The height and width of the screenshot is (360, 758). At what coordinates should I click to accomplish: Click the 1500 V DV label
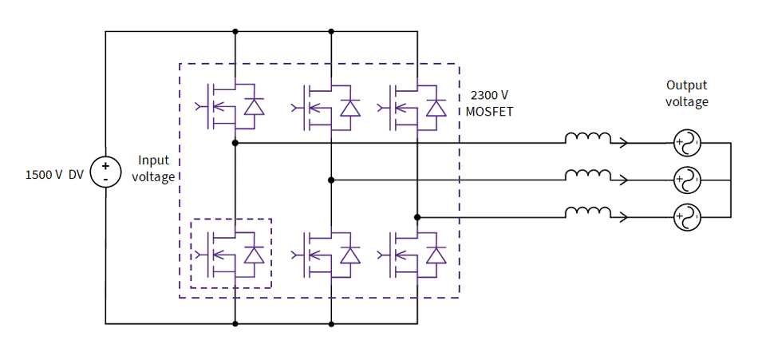(54, 175)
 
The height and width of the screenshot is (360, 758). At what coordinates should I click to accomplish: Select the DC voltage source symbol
(105, 172)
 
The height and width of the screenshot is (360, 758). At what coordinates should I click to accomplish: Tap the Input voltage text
(153, 168)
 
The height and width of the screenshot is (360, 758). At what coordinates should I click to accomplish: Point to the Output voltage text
(686, 93)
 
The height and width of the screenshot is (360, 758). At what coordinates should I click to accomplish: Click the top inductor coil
(588, 139)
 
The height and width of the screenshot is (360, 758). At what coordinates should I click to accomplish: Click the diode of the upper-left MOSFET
(254, 107)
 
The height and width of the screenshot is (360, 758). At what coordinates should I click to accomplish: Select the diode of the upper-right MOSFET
(436, 107)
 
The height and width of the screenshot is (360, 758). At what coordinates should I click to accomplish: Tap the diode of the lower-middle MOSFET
(349, 255)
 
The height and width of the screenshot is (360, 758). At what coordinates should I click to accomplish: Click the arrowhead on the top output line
(623, 143)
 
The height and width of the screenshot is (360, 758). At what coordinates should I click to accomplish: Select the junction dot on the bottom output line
(417, 216)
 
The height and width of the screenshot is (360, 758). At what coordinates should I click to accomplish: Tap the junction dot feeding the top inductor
(235, 143)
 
